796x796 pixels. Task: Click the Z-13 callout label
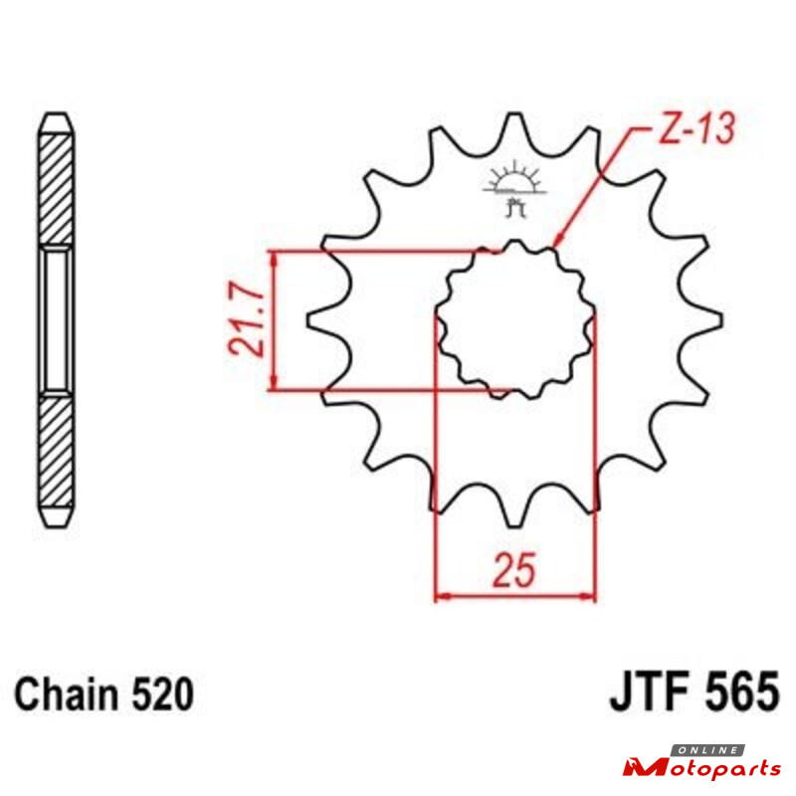click(696, 128)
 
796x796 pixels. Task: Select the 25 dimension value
click(514, 569)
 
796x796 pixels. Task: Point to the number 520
click(162, 694)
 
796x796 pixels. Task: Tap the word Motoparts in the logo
click(702, 767)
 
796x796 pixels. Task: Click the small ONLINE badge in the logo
click(707, 750)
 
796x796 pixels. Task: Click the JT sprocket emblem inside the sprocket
click(514, 188)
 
